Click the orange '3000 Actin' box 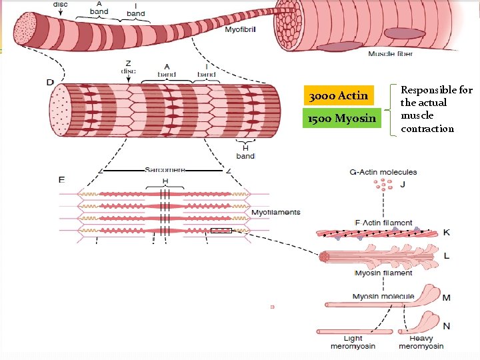pos(339,96)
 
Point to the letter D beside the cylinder pos(50,83)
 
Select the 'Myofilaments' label pos(275,213)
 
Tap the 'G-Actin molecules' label pos(383,173)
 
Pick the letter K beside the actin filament pos(446,233)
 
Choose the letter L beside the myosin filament pos(446,256)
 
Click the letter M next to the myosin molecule pos(446,298)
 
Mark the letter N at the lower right pos(446,327)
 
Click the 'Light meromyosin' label pos(353,343)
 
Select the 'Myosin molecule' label pos(383,297)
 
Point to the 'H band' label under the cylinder pos(245,152)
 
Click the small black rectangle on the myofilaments pos(221,231)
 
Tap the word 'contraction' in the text pos(427,129)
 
